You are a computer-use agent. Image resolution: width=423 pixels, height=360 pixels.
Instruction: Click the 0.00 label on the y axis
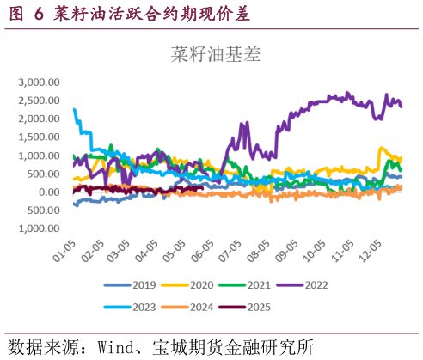50,192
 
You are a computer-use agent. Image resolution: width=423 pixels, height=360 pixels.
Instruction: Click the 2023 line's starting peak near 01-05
75,109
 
